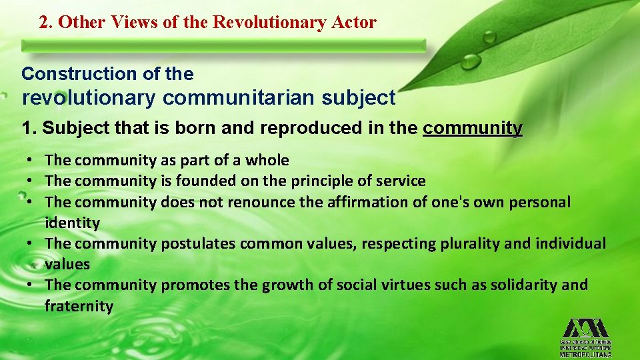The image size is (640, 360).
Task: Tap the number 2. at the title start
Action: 46,22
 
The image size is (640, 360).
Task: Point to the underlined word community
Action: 473,128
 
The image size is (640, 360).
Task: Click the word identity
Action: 72,223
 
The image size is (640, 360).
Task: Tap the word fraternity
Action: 79,306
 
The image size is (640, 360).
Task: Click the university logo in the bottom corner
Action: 585,337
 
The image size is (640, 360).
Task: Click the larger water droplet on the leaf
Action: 471,61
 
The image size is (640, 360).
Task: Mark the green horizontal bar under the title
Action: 223,45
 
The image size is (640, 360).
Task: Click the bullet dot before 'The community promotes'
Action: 31,285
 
